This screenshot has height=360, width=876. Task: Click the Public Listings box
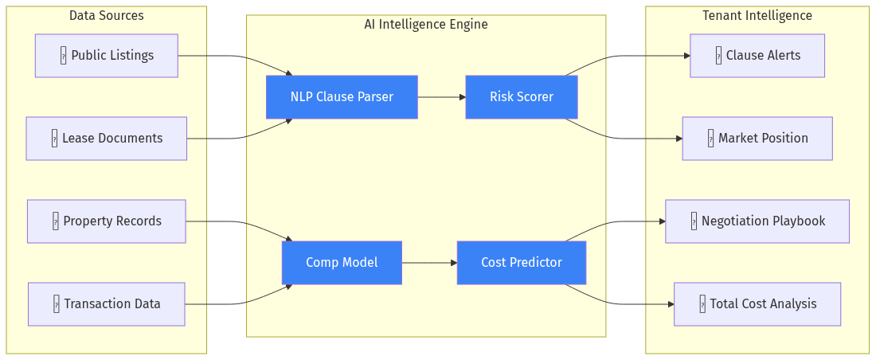tap(106, 56)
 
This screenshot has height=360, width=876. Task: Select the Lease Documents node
tap(106, 139)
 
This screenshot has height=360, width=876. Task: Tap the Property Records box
tap(106, 221)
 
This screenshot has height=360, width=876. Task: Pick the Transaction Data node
tap(106, 304)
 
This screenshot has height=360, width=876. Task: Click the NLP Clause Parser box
tap(342, 97)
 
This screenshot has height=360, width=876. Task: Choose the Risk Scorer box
tap(521, 97)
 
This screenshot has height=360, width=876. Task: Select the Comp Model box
tap(342, 263)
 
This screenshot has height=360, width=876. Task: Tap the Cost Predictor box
tap(521, 263)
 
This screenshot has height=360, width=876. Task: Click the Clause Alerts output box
tap(757, 56)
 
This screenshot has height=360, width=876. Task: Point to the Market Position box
tap(757, 139)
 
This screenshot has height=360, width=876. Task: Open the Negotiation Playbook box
tap(757, 221)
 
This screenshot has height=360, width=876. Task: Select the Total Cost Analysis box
tap(757, 304)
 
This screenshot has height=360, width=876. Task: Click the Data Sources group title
tap(107, 16)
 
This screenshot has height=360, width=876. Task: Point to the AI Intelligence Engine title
tap(426, 25)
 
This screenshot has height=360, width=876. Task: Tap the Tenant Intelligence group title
tap(757, 16)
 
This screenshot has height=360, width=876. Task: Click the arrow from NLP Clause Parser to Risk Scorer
tap(440, 97)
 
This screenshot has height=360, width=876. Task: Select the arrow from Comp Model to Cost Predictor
tap(428, 263)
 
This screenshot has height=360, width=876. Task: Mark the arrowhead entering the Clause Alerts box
tap(686, 56)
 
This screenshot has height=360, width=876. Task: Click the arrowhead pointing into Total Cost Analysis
tap(670, 304)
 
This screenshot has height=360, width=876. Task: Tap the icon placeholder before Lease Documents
tap(54, 139)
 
